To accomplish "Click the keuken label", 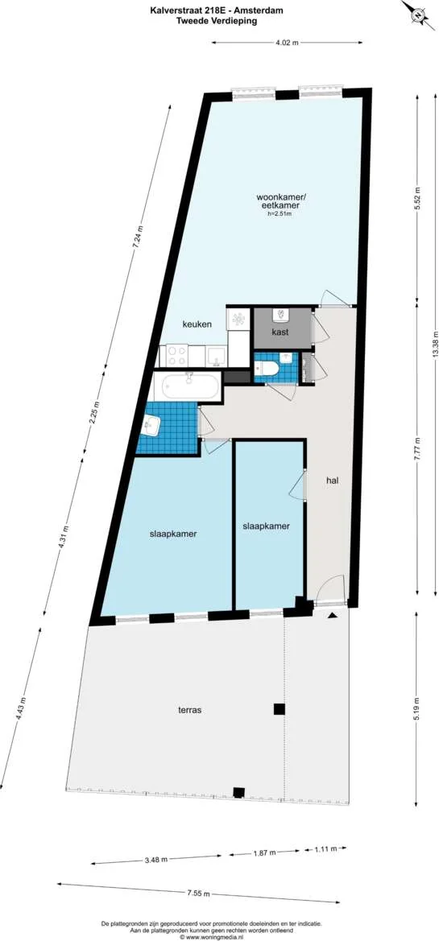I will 197,324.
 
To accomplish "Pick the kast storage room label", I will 280,332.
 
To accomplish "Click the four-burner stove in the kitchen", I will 176,355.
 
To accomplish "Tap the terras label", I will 189,710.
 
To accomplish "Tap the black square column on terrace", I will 279,708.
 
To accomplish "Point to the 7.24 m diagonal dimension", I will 139,238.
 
